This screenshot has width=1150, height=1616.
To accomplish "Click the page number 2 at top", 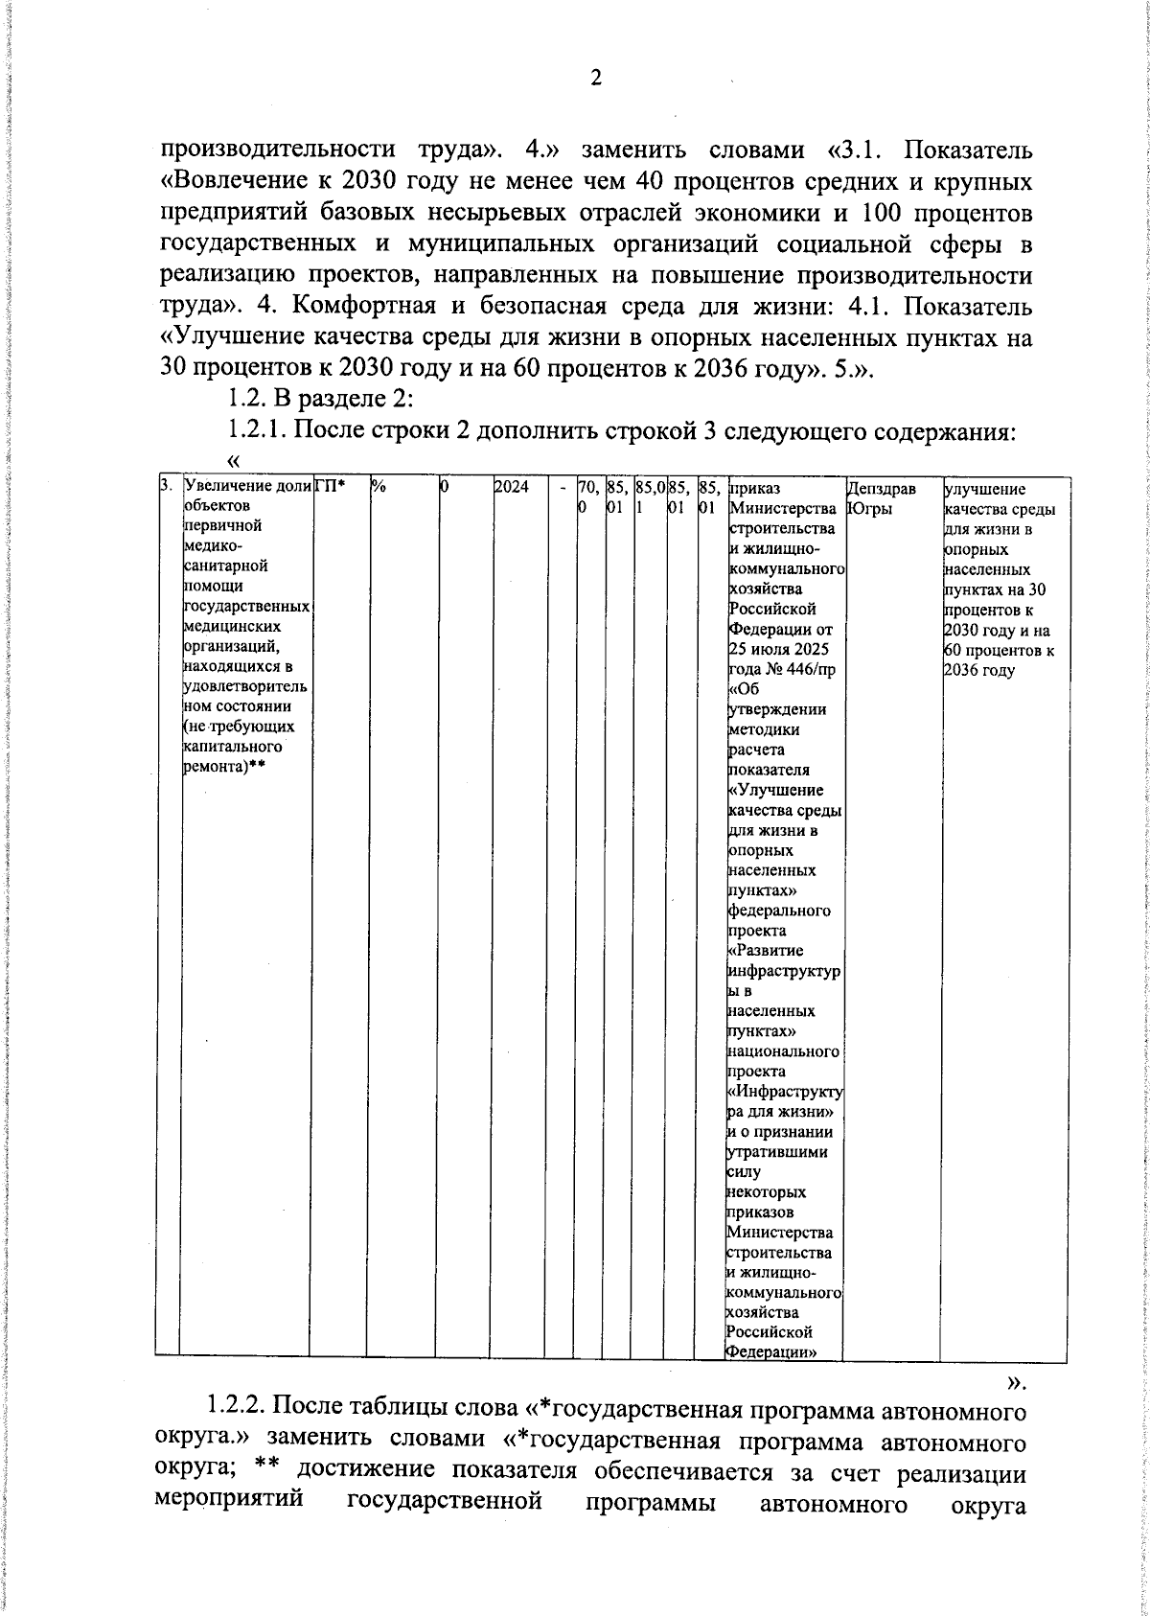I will (x=595, y=79).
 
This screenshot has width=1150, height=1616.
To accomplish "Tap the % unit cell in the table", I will (x=379, y=489).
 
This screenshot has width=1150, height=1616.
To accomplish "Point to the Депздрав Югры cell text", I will (x=882, y=498).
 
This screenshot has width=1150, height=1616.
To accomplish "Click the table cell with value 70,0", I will (x=587, y=497).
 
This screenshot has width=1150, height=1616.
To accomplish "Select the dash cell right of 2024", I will (x=562, y=489).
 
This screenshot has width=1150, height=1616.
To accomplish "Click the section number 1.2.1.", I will (x=257, y=430).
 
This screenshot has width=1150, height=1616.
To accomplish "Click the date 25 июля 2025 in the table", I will (x=778, y=650).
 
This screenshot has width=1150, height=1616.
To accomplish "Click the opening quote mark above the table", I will (x=233, y=461).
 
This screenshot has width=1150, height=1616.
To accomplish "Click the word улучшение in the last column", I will (x=984, y=489).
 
